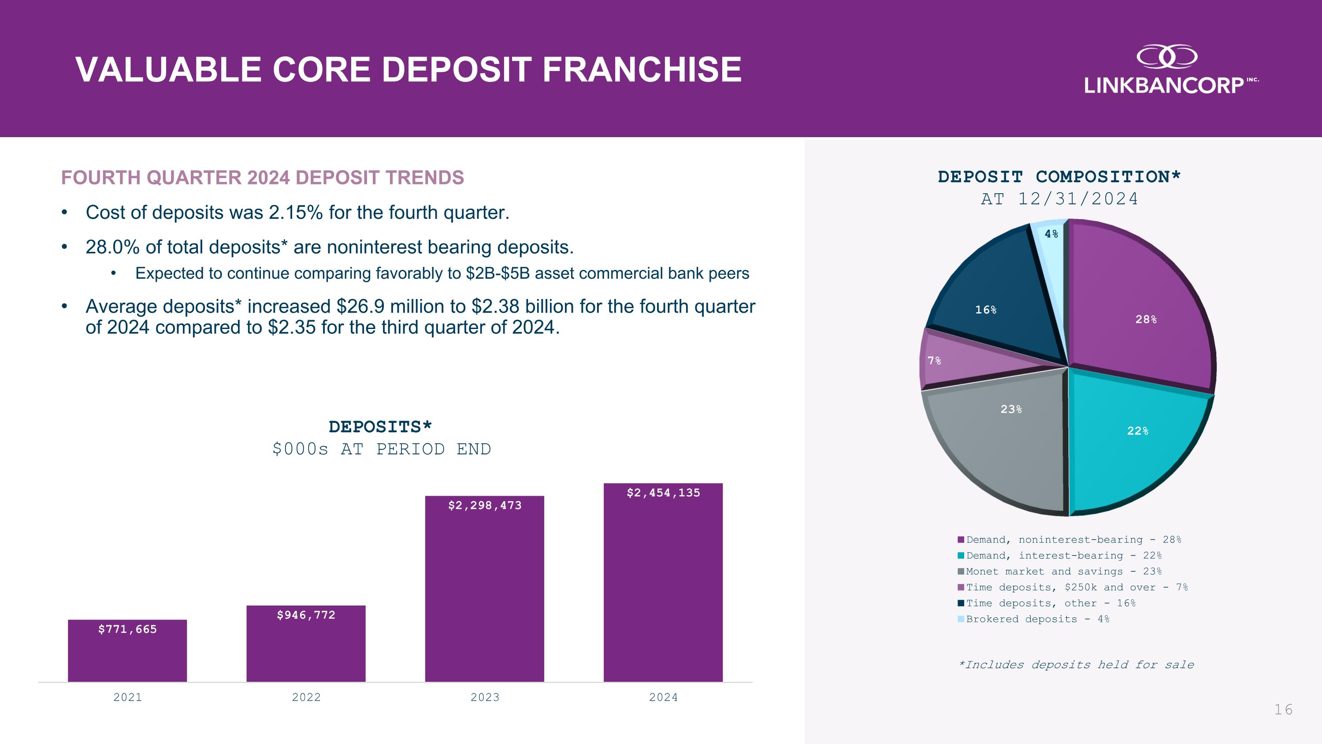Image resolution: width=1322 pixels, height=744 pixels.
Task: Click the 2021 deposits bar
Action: pos(127,652)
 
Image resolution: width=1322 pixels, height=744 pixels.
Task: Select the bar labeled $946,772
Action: pos(306,644)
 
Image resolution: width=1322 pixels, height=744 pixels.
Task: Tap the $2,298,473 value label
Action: pos(484,505)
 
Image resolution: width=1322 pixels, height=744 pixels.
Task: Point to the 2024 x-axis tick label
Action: pos(663,697)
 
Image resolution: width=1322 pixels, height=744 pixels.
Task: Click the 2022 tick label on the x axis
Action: pos(306,697)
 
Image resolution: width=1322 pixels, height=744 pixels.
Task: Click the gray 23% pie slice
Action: pos(1006,437)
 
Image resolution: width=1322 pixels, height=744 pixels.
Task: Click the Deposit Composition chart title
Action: pos(1059,177)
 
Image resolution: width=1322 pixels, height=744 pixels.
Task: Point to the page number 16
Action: pos(1283,710)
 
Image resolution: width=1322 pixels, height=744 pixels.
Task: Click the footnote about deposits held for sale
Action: pos(1076,665)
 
